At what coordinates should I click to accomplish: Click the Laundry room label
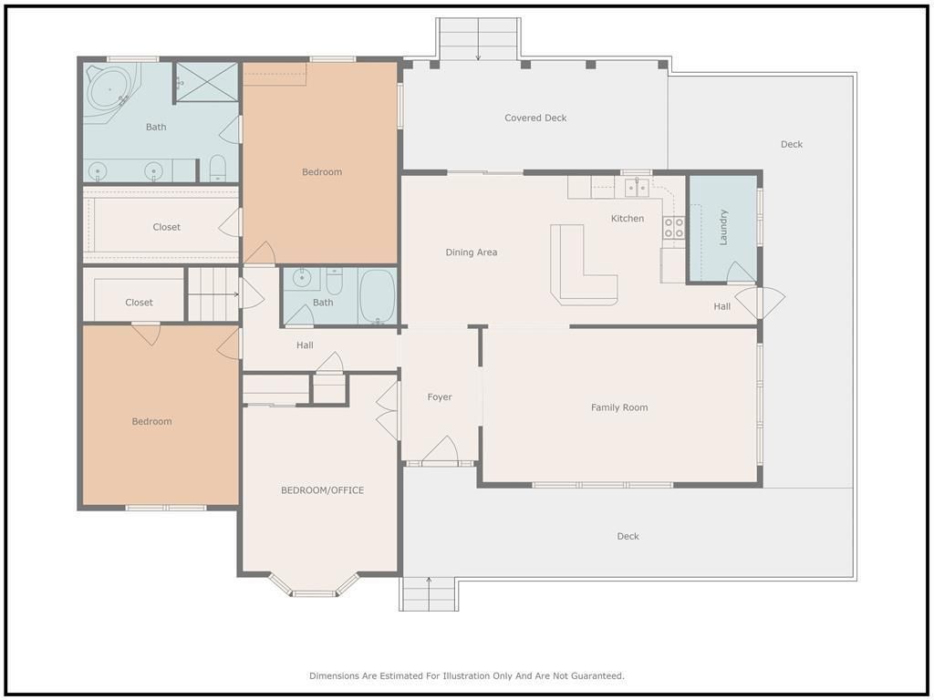pos(723,227)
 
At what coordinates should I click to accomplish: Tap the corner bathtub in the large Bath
pos(111,90)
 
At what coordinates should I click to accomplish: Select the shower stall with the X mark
pos(207,82)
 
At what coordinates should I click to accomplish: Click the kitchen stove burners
pos(674,227)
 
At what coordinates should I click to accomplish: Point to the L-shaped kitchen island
pos(572,280)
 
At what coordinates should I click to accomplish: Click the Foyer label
pos(440,397)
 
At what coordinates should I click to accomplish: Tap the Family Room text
pos(619,407)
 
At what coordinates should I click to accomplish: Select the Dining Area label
pos(472,252)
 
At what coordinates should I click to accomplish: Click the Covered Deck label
pos(535,118)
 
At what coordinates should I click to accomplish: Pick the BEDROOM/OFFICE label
pos(322,490)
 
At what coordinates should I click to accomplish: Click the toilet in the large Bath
pos(218,169)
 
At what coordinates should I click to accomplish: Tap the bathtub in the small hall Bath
pos(378,296)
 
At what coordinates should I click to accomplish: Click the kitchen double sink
pos(637,188)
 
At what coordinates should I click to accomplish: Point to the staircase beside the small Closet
pos(213,294)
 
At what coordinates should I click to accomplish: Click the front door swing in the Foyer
pos(441,449)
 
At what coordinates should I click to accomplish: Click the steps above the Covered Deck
pos(478,38)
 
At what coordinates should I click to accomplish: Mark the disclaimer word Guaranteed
pos(597,676)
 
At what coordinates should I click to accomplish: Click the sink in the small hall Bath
pos(302,278)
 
